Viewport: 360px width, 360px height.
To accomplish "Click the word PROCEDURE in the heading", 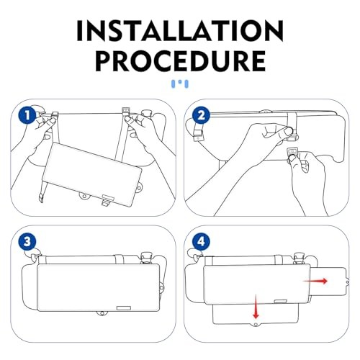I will point(180,61).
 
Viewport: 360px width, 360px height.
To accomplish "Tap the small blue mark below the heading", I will point(179,84).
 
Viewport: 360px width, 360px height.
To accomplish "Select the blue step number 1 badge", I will point(27,115).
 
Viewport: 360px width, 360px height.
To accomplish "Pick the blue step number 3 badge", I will point(27,242).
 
